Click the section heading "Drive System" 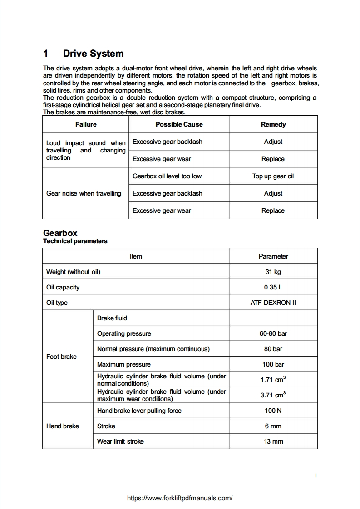pyautogui.click(x=93, y=54)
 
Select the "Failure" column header pyautogui.click(x=86, y=124)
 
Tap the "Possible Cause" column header pyautogui.click(x=179, y=124)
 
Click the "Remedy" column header pyautogui.click(x=273, y=124)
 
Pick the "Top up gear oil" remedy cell pyautogui.click(x=273, y=176)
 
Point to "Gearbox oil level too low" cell pyautogui.click(x=167, y=176)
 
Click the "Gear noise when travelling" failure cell pyautogui.click(x=84, y=193)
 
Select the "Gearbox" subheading pyautogui.click(x=60, y=233)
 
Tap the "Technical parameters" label pyautogui.click(x=75, y=241)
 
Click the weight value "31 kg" pyautogui.click(x=273, y=272)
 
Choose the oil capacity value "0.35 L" pyautogui.click(x=273, y=287)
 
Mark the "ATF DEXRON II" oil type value pyautogui.click(x=273, y=303)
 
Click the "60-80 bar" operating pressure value pyautogui.click(x=273, y=333)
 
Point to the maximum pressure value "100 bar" pyautogui.click(x=273, y=364)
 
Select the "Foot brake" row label pyautogui.click(x=61, y=357)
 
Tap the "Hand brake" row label pyautogui.click(x=62, y=426)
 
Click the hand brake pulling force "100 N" pyautogui.click(x=273, y=411)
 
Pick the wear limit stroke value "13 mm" pyautogui.click(x=273, y=441)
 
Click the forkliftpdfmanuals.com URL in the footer pyautogui.click(x=180, y=498)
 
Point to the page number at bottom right pyautogui.click(x=316, y=475)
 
